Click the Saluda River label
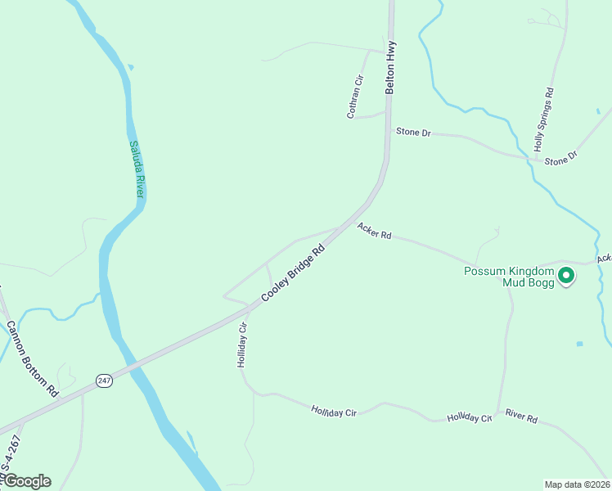click(136, 169)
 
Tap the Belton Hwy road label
click(391, 67)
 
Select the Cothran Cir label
click(355, 97)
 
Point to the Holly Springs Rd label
click(545, 119)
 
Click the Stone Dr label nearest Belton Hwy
click(413, 132)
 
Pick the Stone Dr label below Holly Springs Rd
click(561, 158)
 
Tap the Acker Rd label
click(374, 233)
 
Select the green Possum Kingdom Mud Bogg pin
click(565, 277)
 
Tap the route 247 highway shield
click(103, 381)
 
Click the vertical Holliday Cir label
click(242, 345)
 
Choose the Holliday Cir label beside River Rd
click(469, 418)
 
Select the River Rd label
click(521, 417)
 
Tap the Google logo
click(26, 481)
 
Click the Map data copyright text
click(577, 484)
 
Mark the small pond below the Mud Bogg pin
click(579, 344)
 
